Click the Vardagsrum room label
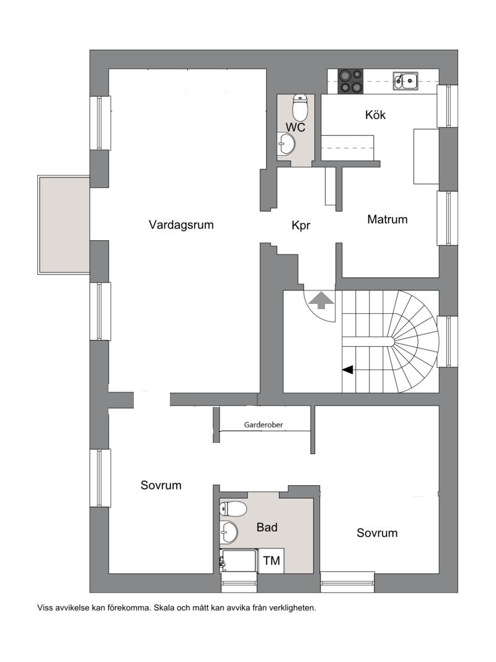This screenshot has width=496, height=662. pyautogui.click(x=181, y=225)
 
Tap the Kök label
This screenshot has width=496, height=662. pyautogui.click(x=375, y=115)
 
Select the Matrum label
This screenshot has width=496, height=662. pyautogui.click(x=387, y=219)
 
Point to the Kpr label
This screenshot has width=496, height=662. pyautogui.click(x=301, y=225)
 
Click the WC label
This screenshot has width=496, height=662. pyautogui.click(x=295, y=127)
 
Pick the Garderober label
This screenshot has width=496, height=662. pyautogui.click(x=263, y=425)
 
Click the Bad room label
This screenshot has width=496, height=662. pyautogui.click(x=267, y=527)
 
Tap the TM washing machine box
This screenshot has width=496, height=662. pyautogui.click(x=271, y=561)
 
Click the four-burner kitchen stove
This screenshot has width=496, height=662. pyautogui.click(x=350, y=81)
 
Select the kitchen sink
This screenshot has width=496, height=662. pyautogui.click(x=405, y=81)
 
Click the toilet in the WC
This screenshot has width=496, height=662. pyautogui.click(x=300, y=107)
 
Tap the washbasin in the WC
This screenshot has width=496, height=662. pyautogui.click(x=286, y=144)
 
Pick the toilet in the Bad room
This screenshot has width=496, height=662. pyautogui.click(x=233, y=509)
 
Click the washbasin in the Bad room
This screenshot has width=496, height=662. pyautogui.click(x=229, y=532)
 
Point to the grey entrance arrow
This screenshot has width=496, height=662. pyautogui.click(x=321, y=300)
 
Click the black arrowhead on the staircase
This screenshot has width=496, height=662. pyautogui.click(x=347, y=370)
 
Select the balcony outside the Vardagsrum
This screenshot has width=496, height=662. pyautogui.click(x=64, y=225)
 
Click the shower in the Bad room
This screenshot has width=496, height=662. pyautogui.click(x=239, y=561)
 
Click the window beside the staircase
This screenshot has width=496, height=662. pyautogui.click(x=448, y=341)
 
